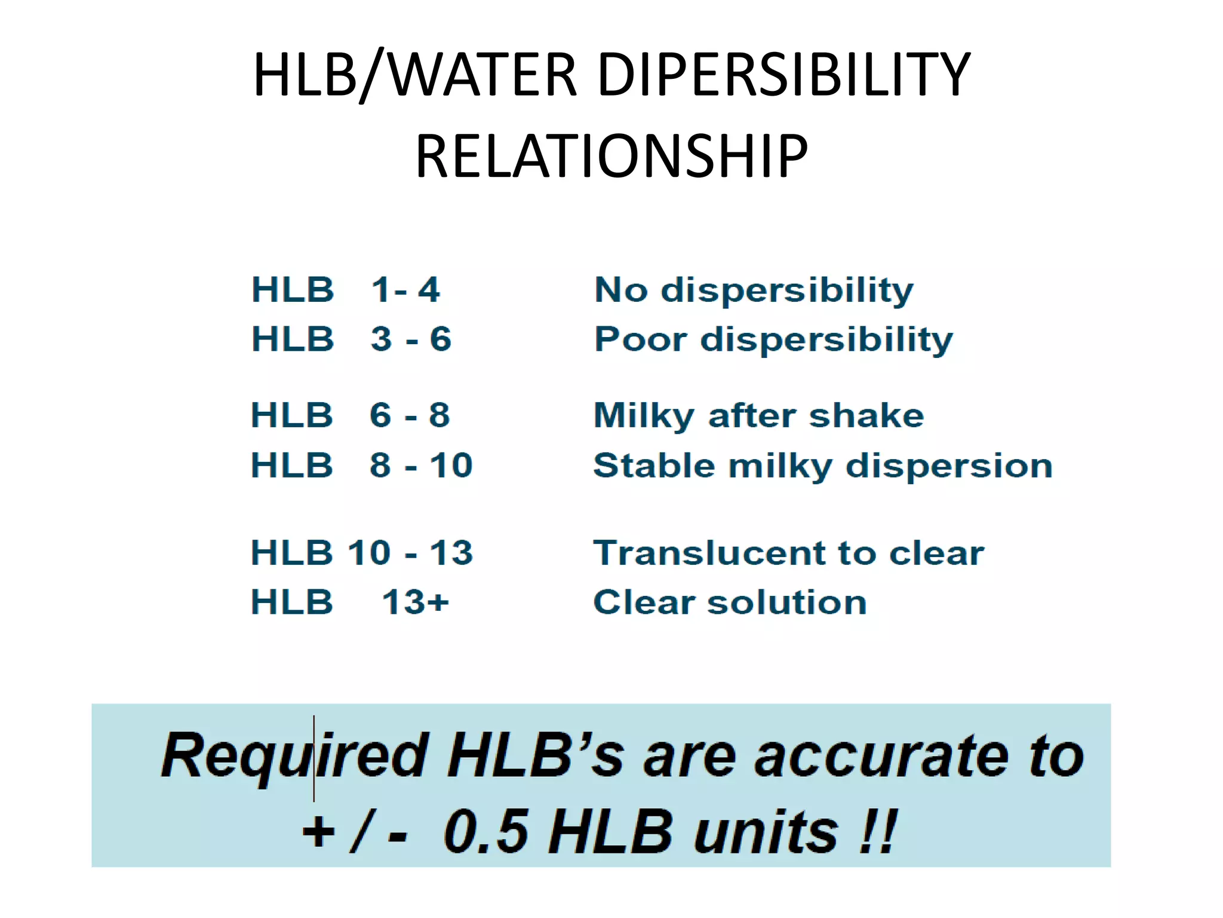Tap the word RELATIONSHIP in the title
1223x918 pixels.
pos(611,157)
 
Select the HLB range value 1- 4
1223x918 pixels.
pos(405,290)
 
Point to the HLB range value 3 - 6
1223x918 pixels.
pos(411,339)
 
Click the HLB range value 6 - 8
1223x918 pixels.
pos(410,415)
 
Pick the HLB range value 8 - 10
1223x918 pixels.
pos(421,465)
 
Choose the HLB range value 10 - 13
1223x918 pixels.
pos(410,552)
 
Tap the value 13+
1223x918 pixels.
pos(415,602)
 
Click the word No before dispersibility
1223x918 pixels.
pos(621,290)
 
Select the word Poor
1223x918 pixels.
pos(641,339)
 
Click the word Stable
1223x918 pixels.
pos(654,466)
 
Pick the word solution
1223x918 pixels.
pos(787,602)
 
